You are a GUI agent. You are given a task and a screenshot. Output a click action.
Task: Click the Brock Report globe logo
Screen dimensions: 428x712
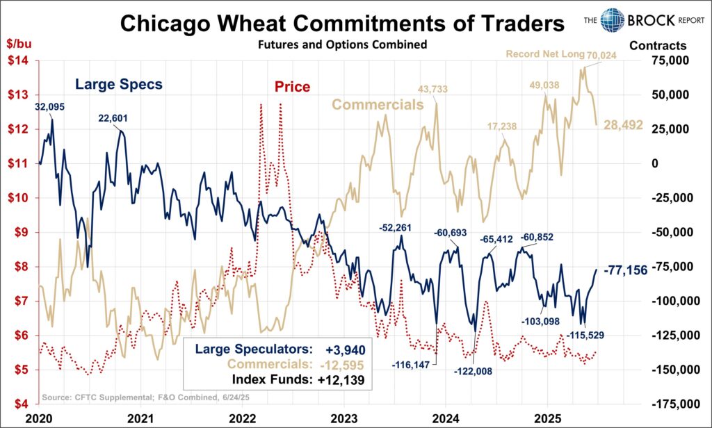pyautogui.click(x=614, y=20)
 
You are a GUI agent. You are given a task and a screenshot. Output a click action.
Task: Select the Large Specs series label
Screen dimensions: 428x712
pyautogui.click(x=119, y=85)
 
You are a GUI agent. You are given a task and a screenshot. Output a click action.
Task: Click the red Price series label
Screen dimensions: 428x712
pyautogui.click(x=292, y=88)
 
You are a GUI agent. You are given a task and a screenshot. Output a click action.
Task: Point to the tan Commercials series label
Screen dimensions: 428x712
pyautogui.click(x=378, y=105)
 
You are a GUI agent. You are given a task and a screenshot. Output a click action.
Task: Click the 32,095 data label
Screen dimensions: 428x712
pyautogui.click(x=51, y=107)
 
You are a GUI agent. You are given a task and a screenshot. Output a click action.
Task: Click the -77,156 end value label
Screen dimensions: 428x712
pyautogui.click(x=626, y=270)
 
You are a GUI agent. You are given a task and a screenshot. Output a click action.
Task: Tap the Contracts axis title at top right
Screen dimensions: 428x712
pyautogui.click(x=658, y=46)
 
